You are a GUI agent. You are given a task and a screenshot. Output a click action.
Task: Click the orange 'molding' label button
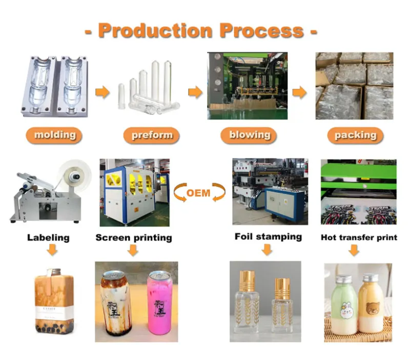54,135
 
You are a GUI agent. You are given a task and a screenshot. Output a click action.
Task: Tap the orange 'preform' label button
152,135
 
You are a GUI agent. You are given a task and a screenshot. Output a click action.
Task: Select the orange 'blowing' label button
249,135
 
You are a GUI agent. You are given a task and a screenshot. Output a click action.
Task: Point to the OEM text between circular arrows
199,193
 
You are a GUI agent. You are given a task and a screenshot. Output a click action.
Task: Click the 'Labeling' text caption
48,238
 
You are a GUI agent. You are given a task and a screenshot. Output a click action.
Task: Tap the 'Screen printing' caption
133,238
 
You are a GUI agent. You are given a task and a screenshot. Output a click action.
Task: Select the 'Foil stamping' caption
268,237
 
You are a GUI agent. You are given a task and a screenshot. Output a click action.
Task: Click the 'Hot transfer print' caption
359,238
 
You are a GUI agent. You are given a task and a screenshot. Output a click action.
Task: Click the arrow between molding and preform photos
103,92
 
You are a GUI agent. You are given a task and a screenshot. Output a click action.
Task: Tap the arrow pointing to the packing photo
299,92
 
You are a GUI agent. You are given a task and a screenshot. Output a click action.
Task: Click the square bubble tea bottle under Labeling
53,303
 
